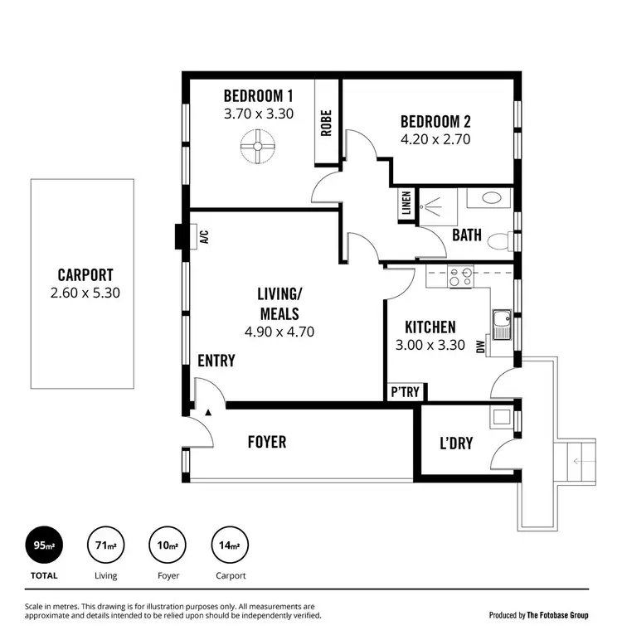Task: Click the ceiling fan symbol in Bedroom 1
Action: pos(257,148)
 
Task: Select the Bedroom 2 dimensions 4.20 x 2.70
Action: pos(435,139)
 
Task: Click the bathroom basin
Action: pos(489,199)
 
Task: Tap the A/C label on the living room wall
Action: pos(203,237)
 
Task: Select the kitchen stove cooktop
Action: pos(459,278)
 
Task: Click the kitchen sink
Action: pos(501,324)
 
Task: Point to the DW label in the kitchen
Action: pos(481,349)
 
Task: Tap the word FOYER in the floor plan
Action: pos(267,443)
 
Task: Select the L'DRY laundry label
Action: pos(456,444)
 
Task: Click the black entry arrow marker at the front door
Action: pos(208,411)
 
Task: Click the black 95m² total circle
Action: pos(44,545)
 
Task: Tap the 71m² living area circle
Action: pos(105,545)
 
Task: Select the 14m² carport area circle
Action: pos(230,545)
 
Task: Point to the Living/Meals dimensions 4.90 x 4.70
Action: pos(279,332)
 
